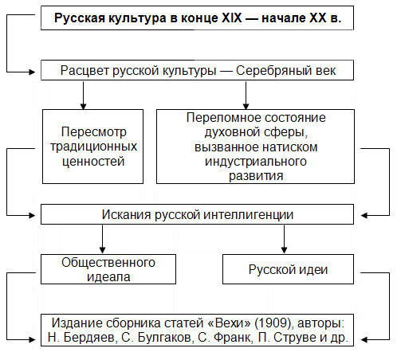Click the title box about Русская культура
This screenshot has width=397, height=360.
(x=197, y=18)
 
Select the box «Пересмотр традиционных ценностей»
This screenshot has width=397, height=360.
(x=92, y=147)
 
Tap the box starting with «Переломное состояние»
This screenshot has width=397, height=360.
(x=255, y=147)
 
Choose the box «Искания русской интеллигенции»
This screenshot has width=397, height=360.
(x=197, y=214)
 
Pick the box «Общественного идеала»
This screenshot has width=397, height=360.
(x=108, y=269)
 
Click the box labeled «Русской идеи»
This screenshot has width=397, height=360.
(x=288, y=269)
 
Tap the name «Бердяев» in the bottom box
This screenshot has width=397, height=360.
(x=89, y=338)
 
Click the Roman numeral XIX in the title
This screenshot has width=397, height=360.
(x=232, y=18)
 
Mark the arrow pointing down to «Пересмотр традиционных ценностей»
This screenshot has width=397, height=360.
(x=83, y=96)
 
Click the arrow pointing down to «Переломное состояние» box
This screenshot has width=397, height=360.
(x=246, y=96)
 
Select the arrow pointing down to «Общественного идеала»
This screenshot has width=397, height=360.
(x=102, y=239)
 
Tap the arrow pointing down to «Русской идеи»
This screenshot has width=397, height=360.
(x=284, y=239)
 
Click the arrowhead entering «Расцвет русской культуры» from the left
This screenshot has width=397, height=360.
(x=32, y=72)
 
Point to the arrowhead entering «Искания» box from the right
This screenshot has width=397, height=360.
(x=364, y=216)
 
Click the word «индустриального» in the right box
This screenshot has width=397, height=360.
(x=256, y=162)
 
